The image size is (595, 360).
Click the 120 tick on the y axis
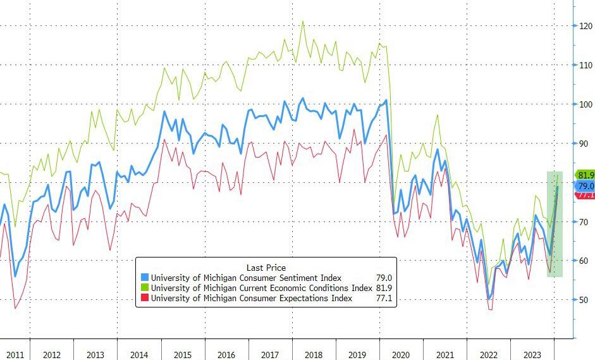click(x=584, y=26)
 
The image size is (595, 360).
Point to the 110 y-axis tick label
click(x=584, y=65)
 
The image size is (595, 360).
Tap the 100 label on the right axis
click(x=584, y=104)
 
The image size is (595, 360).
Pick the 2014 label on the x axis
click(x=139, y=355)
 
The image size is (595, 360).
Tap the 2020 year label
click(x=402, y=355)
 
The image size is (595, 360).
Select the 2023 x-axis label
click(x=533, y=355)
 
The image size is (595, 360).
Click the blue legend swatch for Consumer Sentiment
click(x=145, y=278)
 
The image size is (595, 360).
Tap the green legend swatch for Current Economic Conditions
click(x=145, y=288)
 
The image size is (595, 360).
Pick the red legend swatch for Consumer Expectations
click(x=145, y=298)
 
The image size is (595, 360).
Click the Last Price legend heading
click(x=266, y=268)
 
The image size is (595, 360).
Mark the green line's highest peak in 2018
click(x=302, y=21)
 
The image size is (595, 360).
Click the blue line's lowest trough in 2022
click(x=489, y=299)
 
